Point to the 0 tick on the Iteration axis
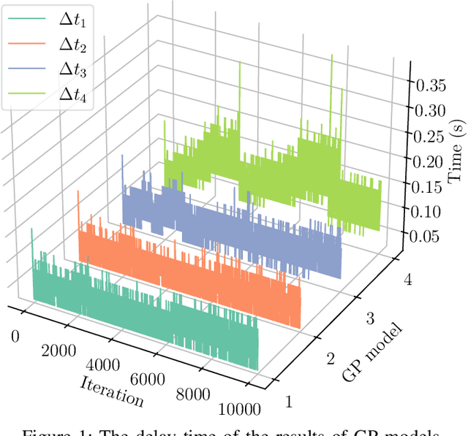pos(15,335)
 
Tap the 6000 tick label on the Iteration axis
pos(150,381)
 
